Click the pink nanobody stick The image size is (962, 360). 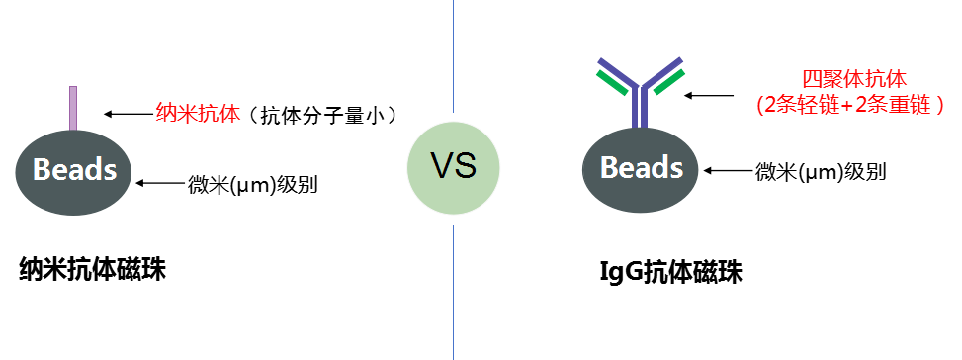pyautogui.click(x=72, y=108)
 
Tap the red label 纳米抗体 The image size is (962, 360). pyautogui.click(x=198, y=113)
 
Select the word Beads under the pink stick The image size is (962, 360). pyautogui.click(x=74, y=170)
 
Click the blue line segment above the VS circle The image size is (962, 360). pyautogui.click(x=454, y=54)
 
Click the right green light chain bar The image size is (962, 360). pyautogui.click(x=668, y=83)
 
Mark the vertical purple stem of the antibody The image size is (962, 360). pyautogui.click(x=641, y=109)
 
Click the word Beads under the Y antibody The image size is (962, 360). pyautogui.click(x=642, y=167)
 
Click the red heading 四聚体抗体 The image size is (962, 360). pyautogui.click(x=853, y=79)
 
